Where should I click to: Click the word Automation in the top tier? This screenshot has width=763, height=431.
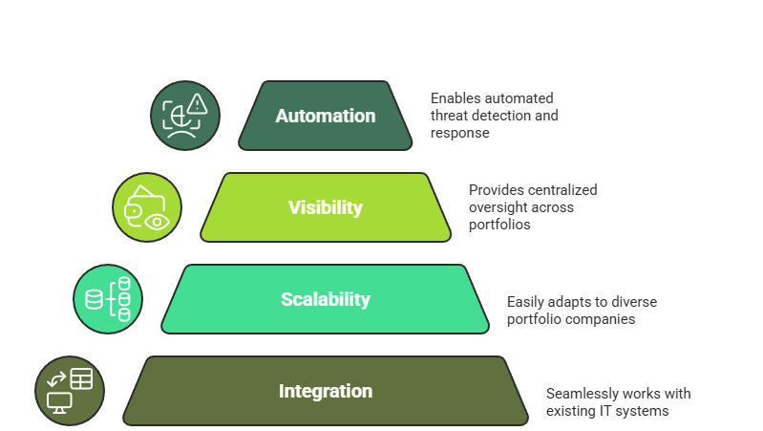(x=325, y=116)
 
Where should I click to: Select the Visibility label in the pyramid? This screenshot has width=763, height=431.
(x=325, y=207)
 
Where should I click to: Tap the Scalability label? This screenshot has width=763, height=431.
(x=325, y=299)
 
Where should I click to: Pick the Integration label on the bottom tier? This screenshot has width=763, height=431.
(x=325, y=391)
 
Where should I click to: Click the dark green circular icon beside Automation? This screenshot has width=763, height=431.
(x=185, y=116)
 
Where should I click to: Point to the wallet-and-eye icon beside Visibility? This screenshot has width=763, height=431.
(x=147, y=207)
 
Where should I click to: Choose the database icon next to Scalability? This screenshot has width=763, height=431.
(x=108, y=299)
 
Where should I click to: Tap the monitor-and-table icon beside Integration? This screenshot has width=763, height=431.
(x=70, y=391)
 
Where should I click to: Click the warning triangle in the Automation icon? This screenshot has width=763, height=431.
(x=198, y=104)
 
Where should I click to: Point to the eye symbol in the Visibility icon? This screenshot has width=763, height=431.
(x=158, y=220)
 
